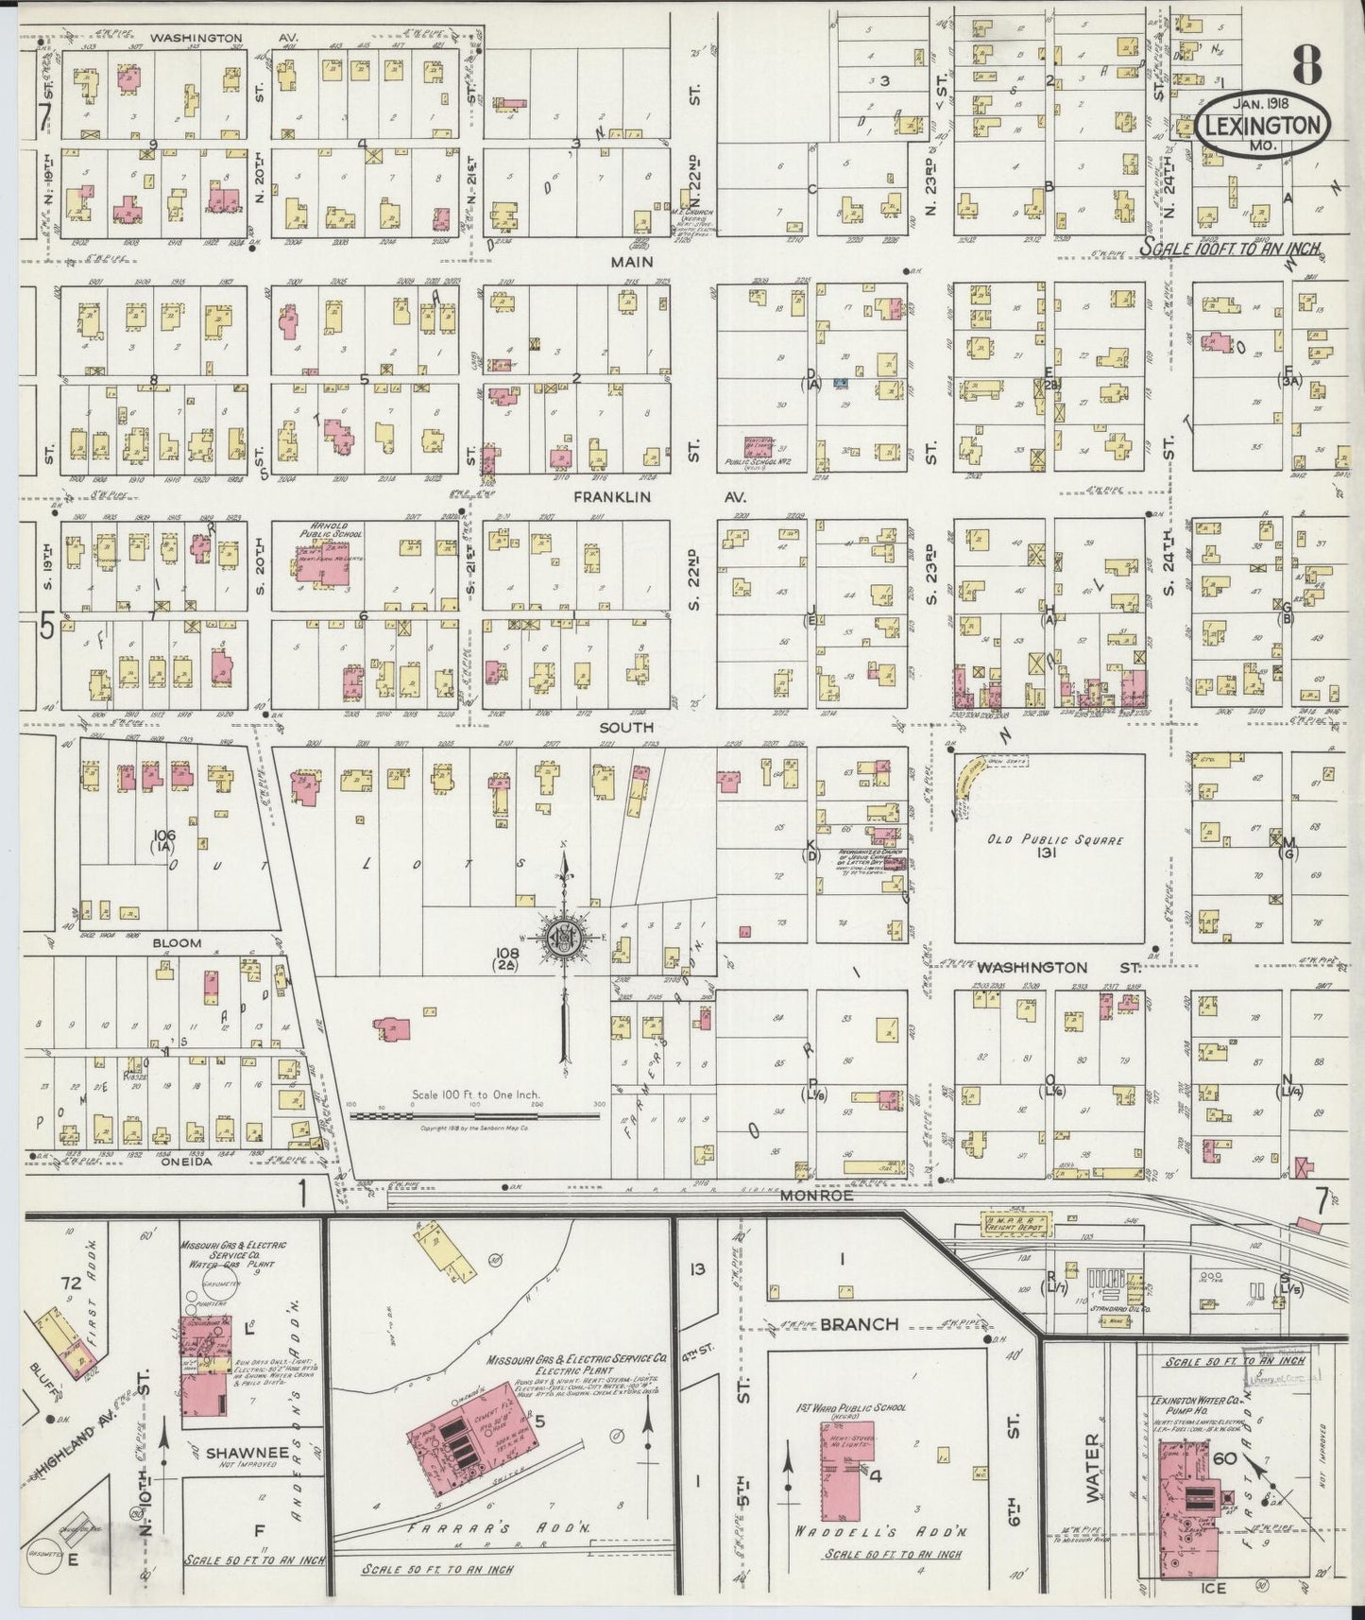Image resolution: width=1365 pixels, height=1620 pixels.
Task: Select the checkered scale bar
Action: (474, 1115)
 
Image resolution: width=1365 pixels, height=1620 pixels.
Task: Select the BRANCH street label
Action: (858, 1323)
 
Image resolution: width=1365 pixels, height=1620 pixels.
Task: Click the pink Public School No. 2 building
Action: (763, 444)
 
